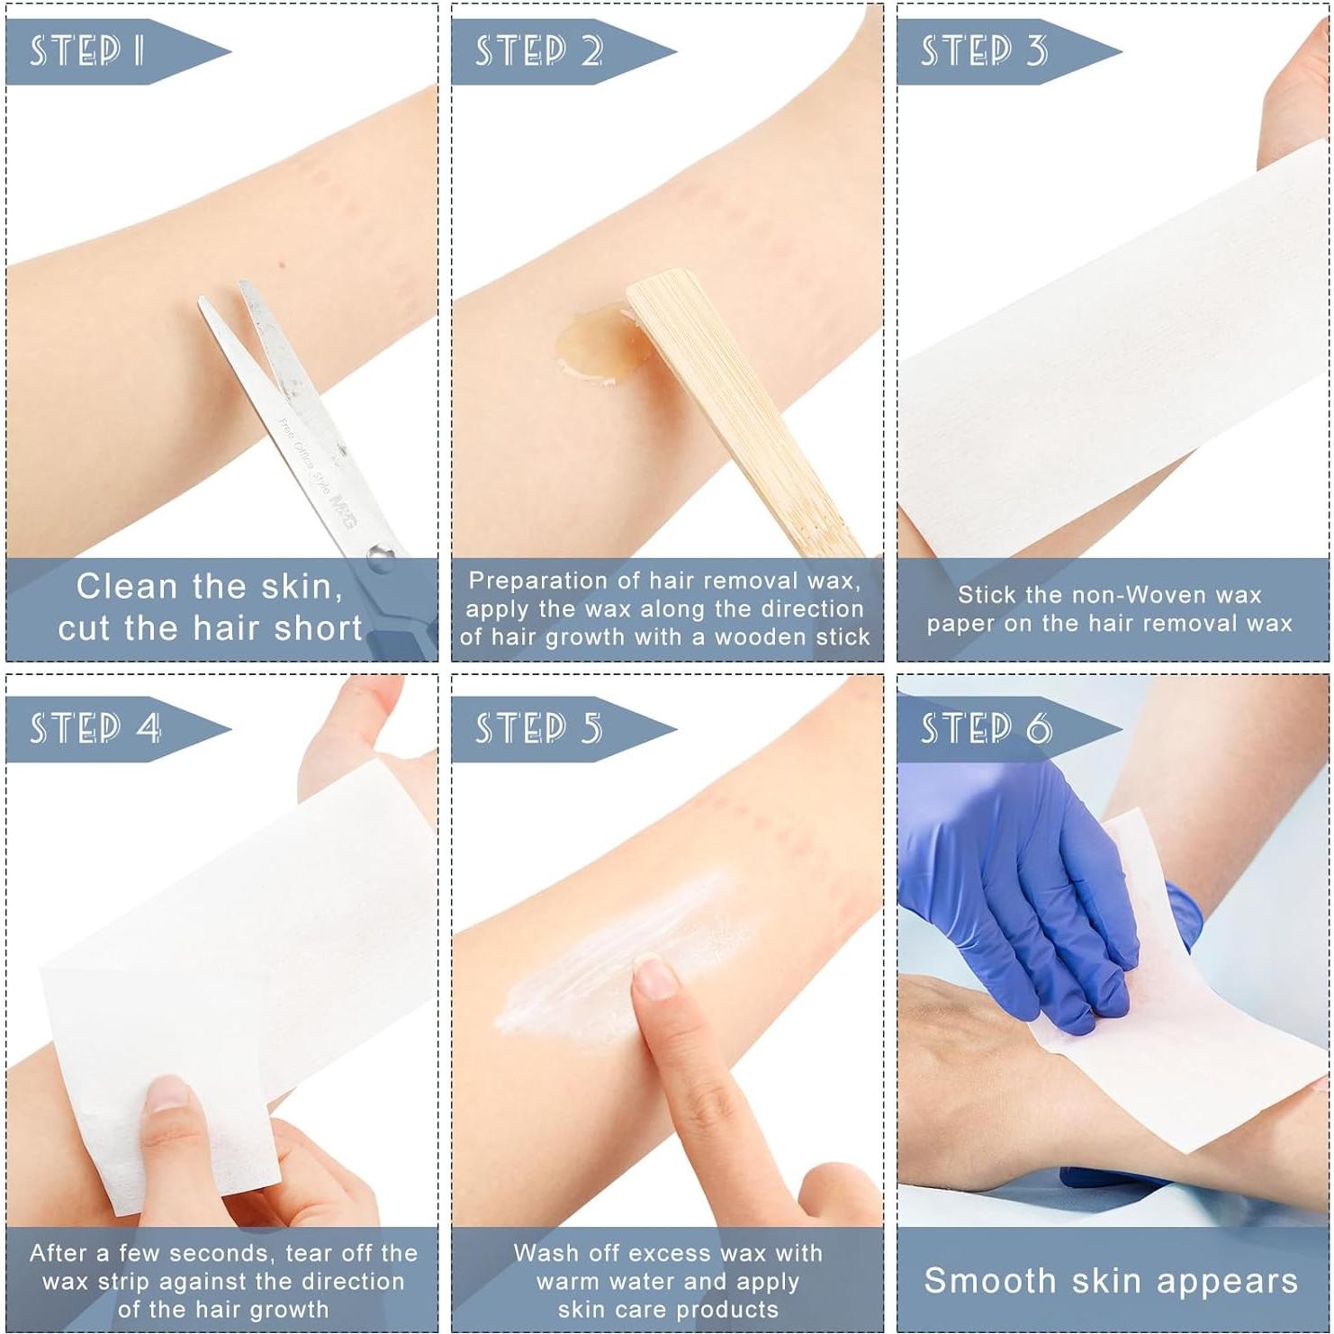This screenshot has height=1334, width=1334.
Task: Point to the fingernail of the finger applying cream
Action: pyautogui.click(x=654, y=978)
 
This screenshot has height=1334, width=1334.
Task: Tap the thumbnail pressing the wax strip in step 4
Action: pyautogui.click(x=167, y=1094)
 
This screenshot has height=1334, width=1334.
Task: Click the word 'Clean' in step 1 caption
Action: pyautogui.click(x=127, y=586)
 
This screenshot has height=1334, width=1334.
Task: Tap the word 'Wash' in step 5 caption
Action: pyautogui.click(x=545, y=1253)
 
